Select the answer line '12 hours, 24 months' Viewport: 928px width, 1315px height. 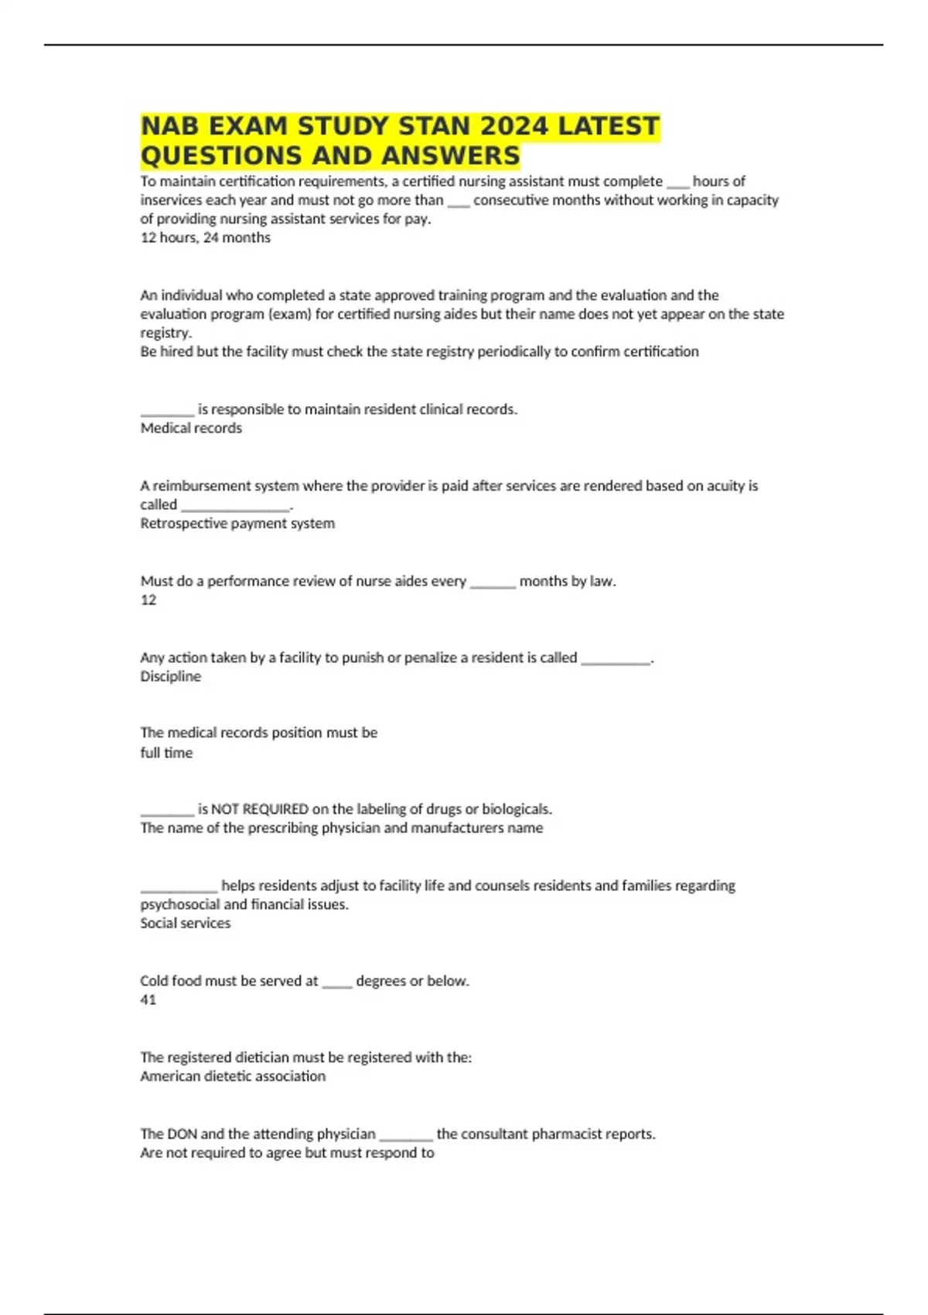pyautogui.click(x=205, y=237)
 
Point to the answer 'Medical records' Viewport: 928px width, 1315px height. pyautogui.click(x=191, y=428)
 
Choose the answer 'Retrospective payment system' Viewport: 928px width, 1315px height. pyautogui.click(x=237, y=523)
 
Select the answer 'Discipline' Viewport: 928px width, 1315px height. pyautogui.click(x=170, y=676)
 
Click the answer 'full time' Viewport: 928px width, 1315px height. pyautogui.click(x=166, y=753)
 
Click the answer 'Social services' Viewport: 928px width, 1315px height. pyautogui.click(x=185, y=923)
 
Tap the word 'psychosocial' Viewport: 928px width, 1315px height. pyautogui.click(x=180, y=904)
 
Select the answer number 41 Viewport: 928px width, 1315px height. pyautogui.click(x=148, y=999)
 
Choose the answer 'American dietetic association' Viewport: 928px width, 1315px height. pyautogui.click(x=233, y=1076)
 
